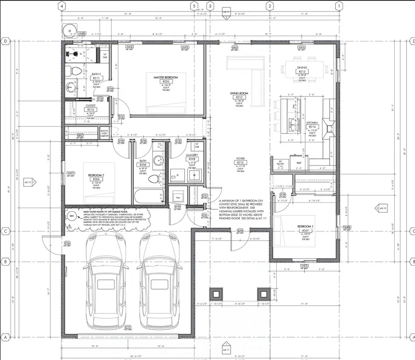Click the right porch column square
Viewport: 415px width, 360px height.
263,293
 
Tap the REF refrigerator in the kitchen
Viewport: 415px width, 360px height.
299,163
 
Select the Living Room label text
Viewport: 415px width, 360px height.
239,93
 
